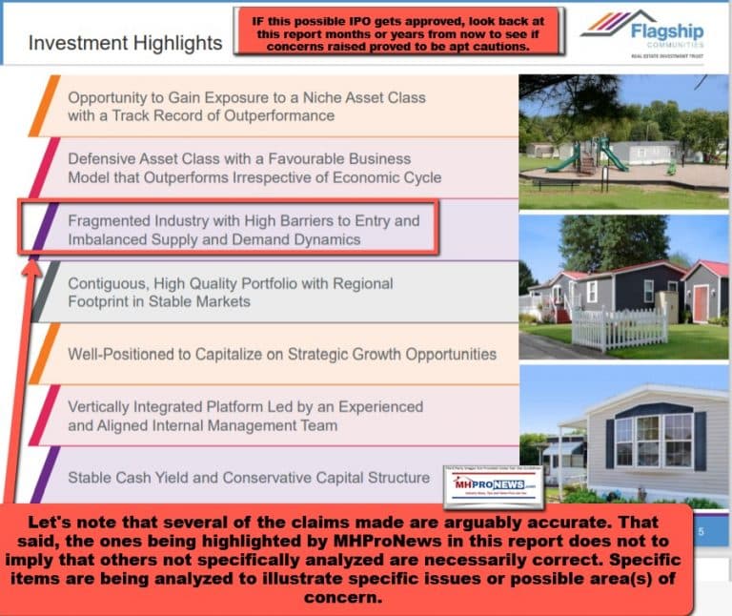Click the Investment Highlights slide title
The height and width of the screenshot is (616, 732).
125,44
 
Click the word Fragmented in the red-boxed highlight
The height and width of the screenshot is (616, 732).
113,220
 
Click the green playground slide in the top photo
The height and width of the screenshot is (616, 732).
599,154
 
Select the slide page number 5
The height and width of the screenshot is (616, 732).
700,532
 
